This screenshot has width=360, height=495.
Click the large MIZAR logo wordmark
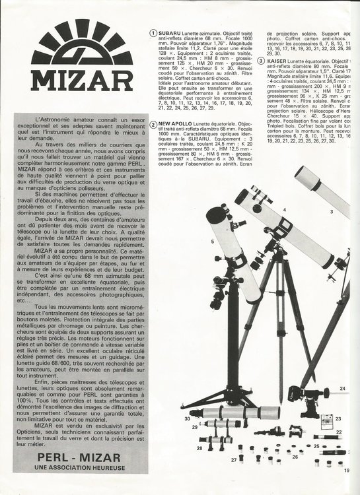pos(81,79)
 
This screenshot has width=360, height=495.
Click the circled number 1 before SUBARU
pos(153,32)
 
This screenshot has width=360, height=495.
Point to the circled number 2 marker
pos(153,124)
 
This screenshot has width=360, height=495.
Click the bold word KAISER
pos(279,61)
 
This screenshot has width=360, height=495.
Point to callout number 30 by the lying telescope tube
pos(188,418)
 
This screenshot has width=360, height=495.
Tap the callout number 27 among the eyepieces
pos(233,459)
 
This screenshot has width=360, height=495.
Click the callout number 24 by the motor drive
pos(342,389)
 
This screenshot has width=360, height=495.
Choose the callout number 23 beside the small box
pos(338,418)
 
